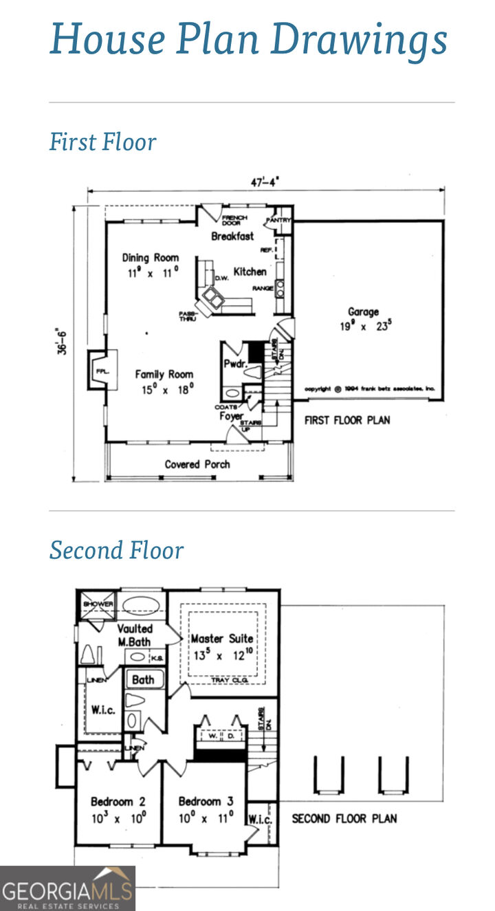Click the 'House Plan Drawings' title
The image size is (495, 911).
pyautogui.click(x=248, y=39)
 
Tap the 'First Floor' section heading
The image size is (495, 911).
pyautogui.click(x=102, y=142)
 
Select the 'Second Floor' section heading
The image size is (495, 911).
pyautogui.click(x=116, y=550)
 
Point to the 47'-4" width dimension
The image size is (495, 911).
pyautogui.click(x=265, y=182)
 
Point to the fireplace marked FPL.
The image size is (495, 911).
pyautogui.click(x=100, y=371)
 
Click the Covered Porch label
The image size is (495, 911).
pyautogui.click(x=197, y=464)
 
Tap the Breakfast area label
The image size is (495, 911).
pyautogui.click(x=232, y=236)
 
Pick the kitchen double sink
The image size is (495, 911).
pyautogui.click(x=212, y=298)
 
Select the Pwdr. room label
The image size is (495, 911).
pyautogui.click(x=234, y=364)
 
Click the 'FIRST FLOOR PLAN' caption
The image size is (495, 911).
pyautogui.click(x=347, y=419)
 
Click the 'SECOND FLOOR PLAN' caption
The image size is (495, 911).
pyautogui.click(x=344, y=818)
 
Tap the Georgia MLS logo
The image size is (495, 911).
pyautogui.click(x=67, y=888)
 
